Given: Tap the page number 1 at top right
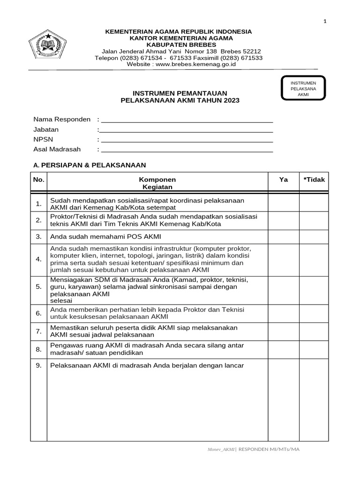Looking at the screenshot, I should pyautogui.click(x=325, y=21).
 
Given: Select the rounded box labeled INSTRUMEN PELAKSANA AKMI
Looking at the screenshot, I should pyautogui.click(x=303, y=89).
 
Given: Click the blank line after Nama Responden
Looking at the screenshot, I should pyautogui.click(x=187, y=120).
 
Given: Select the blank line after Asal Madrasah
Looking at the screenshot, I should pyautogui.click(x=187, y=150).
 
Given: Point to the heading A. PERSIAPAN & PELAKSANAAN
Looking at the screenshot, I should pyautogui.click(x=90, y=165).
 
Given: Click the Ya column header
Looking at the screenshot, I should pyautogui.click(x=284, y=180).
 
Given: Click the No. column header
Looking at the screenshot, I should pyautogui.click(x=38, y=180).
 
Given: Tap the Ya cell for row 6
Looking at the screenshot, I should pyautogui.click(x=284, y=314).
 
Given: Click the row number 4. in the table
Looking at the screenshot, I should pyautogui.click(x=38, y=259).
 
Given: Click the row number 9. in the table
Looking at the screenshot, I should pyautogui.click(x=38, y=365).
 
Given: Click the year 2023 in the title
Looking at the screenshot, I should pyautogui.click(x=231, y=100).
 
